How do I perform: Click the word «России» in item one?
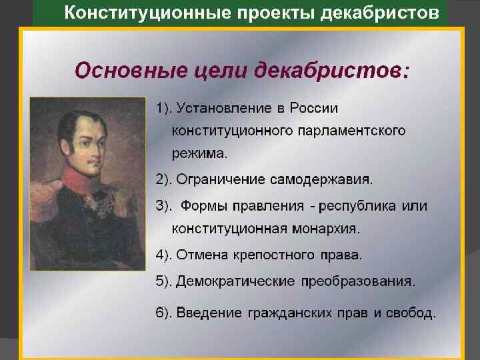pos(315,108)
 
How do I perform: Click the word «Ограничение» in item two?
pos(221,180)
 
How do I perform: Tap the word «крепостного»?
pos(282,255)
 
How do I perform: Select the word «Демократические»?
pos(236,281)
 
